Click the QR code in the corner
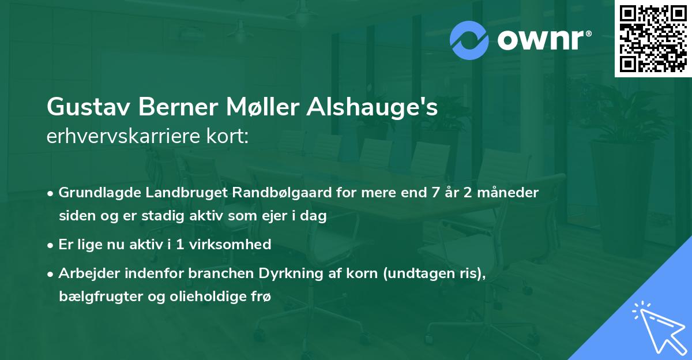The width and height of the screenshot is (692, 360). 653,38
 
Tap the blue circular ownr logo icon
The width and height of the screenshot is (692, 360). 469,40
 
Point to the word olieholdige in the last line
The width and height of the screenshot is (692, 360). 200,297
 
